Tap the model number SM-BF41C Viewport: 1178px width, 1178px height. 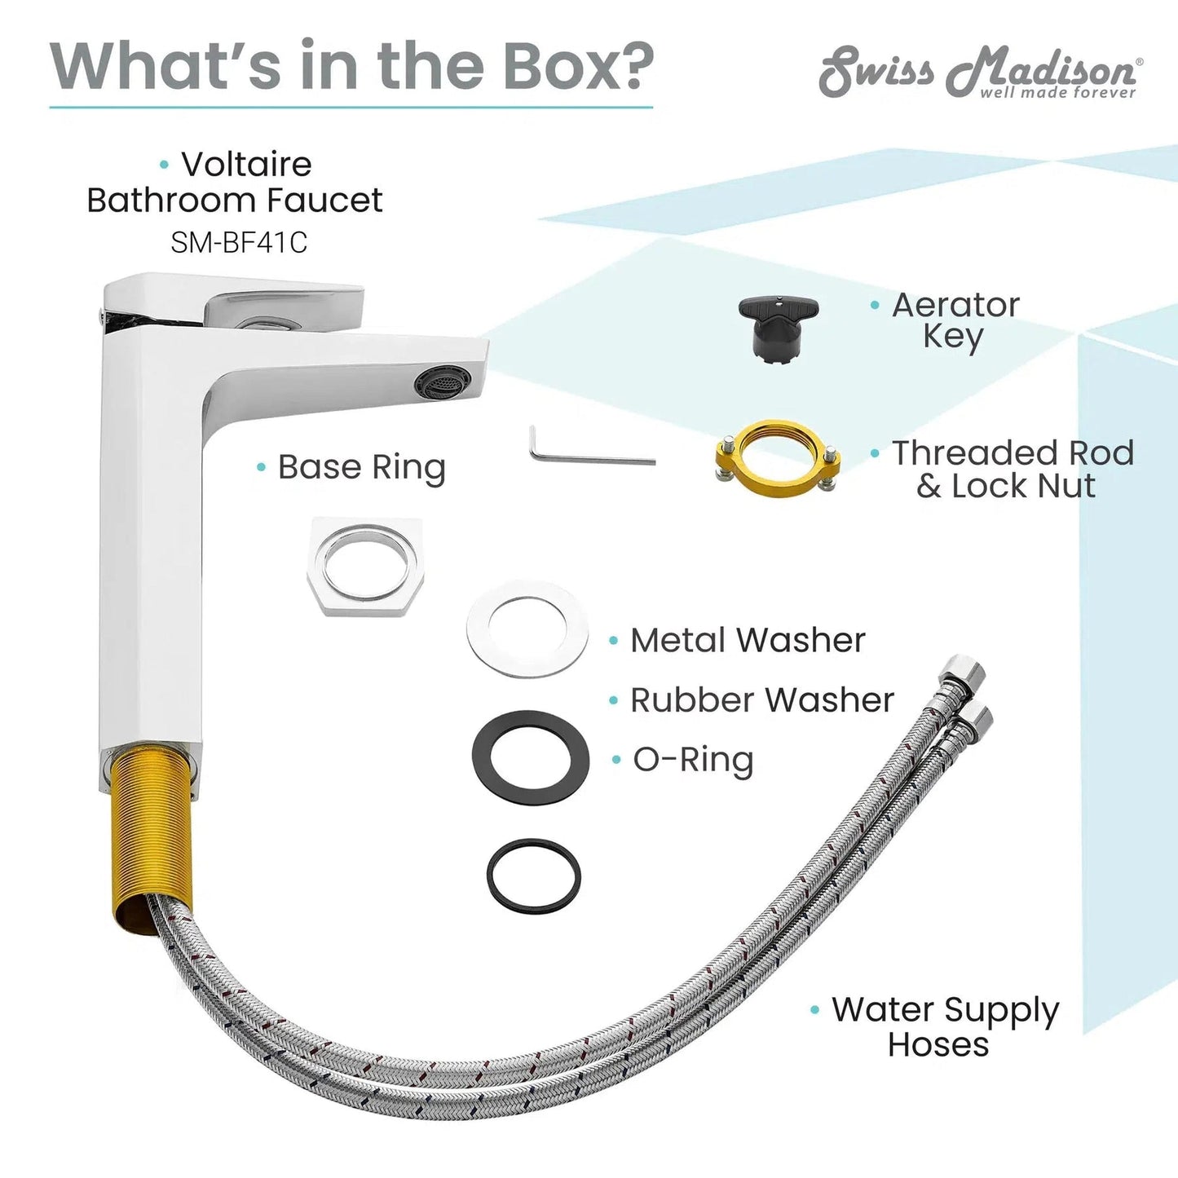239,243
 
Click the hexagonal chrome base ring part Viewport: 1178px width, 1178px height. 365,566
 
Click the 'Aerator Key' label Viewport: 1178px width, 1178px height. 955,320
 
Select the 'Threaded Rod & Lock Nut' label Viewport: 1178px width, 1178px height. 1013,469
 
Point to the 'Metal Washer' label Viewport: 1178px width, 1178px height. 748,640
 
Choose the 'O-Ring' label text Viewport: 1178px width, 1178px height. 693,760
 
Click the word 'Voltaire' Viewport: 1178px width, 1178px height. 246,164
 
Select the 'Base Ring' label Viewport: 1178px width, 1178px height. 361,468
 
